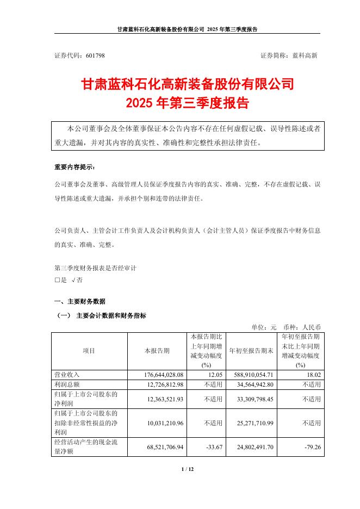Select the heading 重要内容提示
pos(75,167)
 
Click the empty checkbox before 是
pos(57,281)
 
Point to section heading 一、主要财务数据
pos(80,301)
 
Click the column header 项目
pos(89,351)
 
